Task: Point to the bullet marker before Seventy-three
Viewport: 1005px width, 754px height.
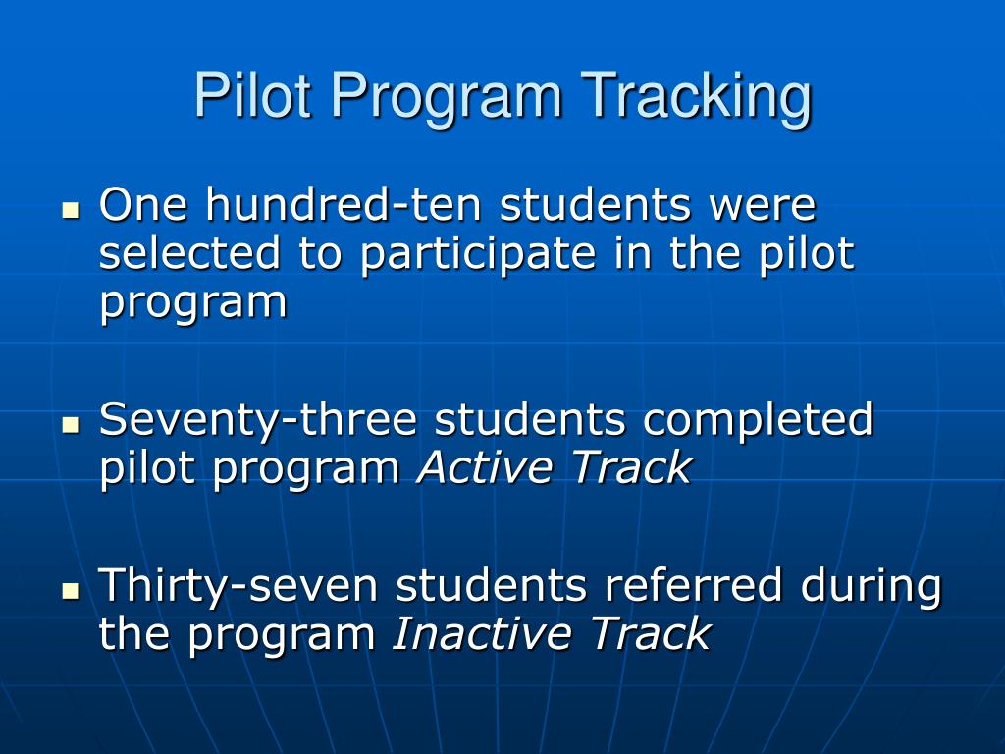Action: pyautogui.click(x=70, y=425)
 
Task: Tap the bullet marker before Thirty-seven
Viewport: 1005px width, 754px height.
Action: pyautogui.click(x=70, y=591)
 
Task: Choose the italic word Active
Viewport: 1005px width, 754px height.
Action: pyautogui.click(x=485, y=468)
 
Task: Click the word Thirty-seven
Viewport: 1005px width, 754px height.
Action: pyautogui.click(x=238, y=588)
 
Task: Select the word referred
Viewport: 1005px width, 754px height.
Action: pyautogui.click(x=693, y=586)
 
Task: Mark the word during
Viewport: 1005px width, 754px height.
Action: pyautogui.click(x=872, y=588)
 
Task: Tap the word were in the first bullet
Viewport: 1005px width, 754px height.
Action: pyautogui.click(x=763, y=206)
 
